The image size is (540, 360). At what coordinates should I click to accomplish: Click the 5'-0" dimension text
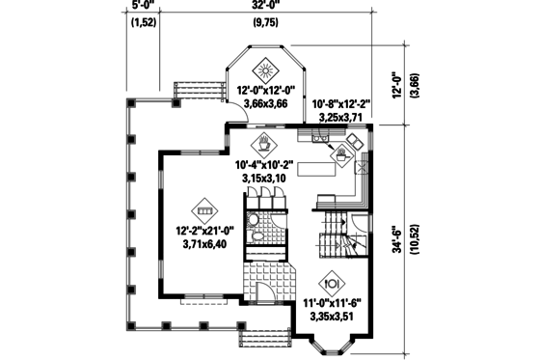coord(145,7)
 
